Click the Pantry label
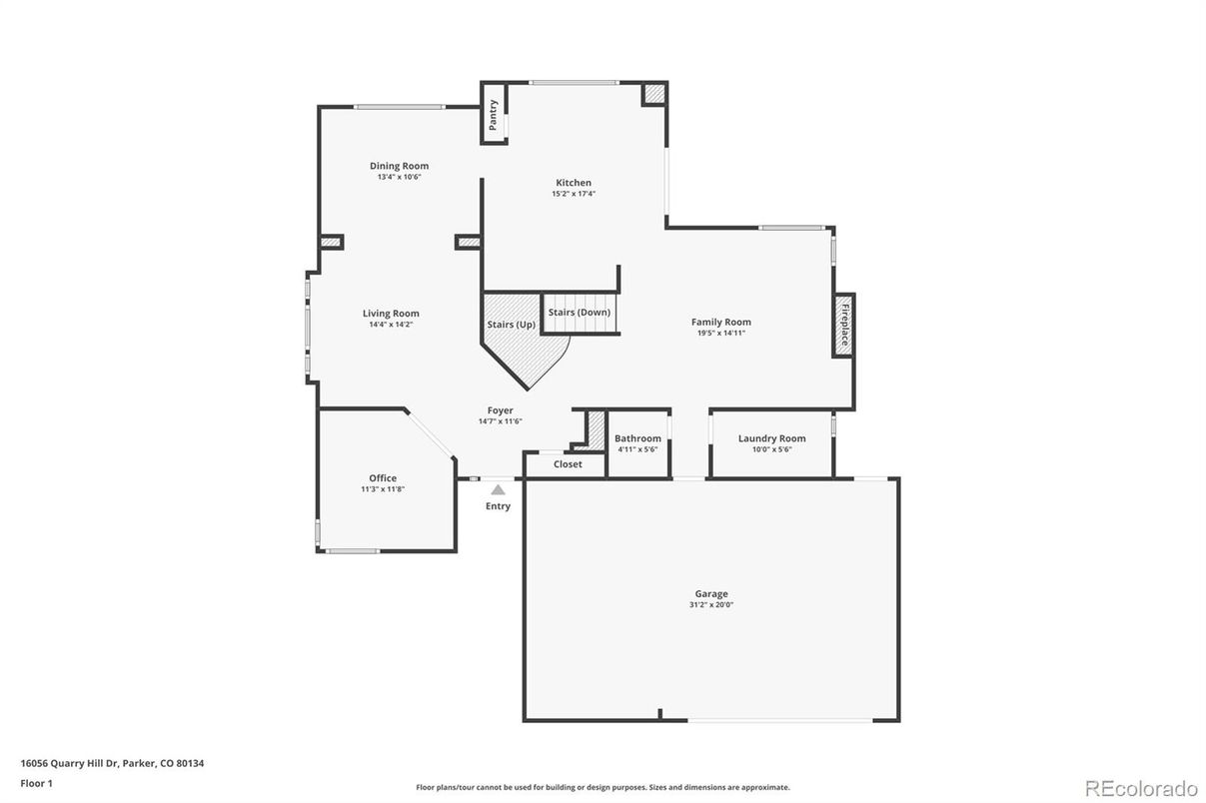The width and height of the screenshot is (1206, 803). coord(493,115)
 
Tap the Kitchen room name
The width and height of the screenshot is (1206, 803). coord(574,183)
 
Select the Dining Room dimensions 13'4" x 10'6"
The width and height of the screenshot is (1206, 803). coord(399,177)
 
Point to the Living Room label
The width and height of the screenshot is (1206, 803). coord(391,313)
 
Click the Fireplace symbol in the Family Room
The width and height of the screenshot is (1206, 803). coord(843,325)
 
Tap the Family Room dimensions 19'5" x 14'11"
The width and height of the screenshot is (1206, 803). coord(720,333)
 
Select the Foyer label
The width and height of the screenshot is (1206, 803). coord(500,410)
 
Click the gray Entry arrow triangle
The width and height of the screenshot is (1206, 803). coord(498,489)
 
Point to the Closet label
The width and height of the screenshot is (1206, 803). coord(568,464)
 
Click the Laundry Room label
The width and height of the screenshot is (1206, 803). coord(771,438)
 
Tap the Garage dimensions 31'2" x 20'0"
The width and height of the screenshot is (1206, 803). coord(711,605)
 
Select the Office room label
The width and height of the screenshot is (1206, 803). coord(383,478)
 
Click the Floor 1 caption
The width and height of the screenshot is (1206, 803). coord(36,783)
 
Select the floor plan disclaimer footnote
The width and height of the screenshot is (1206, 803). coord(603,787)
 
